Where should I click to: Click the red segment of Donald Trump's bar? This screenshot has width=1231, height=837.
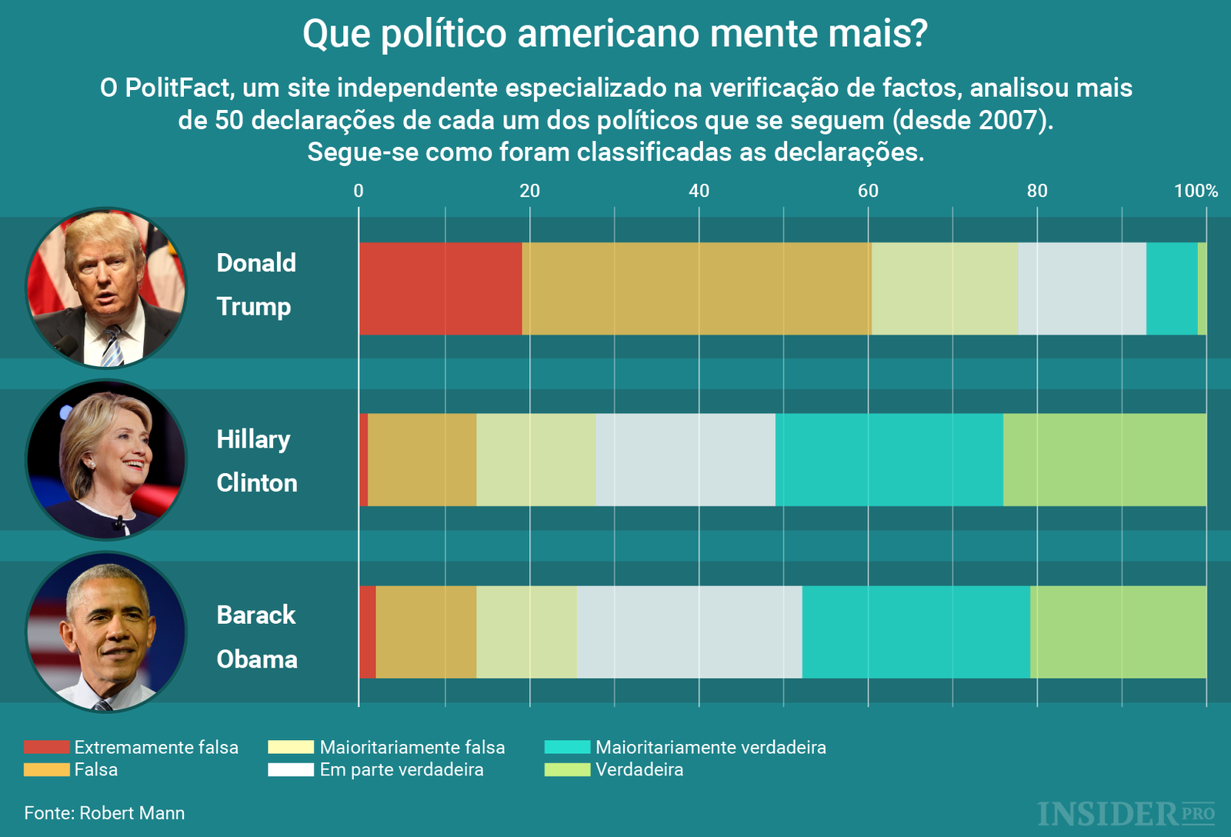(x=440, y=288)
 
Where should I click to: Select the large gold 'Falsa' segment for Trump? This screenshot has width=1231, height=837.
(x=696, y=288)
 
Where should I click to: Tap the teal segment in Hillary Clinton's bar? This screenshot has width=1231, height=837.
(x=889, y=459)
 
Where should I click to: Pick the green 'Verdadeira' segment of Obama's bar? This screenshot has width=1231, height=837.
(x=1118, y=632)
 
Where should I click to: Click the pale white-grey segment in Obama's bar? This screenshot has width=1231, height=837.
(x=689, y=632)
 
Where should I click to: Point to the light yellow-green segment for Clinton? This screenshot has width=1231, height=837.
(x=535, y=459)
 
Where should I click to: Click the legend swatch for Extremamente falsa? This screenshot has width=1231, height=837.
(x=46, y=747)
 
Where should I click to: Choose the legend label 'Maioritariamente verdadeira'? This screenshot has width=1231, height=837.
(x=710, y=747)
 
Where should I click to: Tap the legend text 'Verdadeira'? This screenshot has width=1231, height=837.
(x=639, y=769)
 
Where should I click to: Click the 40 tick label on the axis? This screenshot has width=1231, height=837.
(x=699, y=191)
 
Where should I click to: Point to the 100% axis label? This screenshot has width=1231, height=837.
(x=1196, y=191)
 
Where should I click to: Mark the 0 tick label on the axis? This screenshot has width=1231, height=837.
(x=359, y=191)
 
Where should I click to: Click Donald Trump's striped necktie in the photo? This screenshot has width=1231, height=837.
(x=112, y=345)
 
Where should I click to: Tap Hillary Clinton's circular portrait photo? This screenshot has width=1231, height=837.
(x=106, y=459)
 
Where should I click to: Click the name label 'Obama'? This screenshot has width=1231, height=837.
(x=256, y=659)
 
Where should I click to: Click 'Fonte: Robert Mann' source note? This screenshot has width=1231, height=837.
(x=105, y=813)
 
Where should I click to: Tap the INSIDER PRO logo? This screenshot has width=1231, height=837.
(x=1126, y=813)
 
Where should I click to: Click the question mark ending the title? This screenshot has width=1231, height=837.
(x=919, y=34)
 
